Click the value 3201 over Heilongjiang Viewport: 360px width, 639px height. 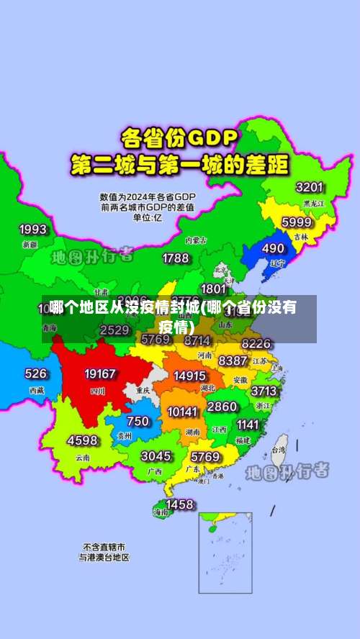(309, 187)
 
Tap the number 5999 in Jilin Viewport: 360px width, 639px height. (296, 222)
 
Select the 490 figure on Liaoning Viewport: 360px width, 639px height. (273, 248)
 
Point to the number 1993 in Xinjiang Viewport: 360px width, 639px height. (32, 230)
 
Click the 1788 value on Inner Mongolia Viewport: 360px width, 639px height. (176, 258)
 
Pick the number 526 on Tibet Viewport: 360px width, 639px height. (36, 373)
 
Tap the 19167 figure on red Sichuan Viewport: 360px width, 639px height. (100, 374)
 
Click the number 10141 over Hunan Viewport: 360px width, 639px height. (182, 412)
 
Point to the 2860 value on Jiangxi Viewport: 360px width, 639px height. (222, 407)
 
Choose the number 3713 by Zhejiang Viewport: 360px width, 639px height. (264, 391)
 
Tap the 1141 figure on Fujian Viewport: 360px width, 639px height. (247, 425)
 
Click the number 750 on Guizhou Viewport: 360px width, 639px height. (138, 421)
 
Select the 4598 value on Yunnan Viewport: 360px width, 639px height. (82, 440)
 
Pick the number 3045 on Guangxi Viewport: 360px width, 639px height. (156, 456)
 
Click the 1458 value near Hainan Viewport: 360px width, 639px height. (179, 504)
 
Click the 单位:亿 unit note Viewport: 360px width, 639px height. (148, 217)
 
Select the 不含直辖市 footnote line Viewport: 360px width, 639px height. (104, 546)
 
